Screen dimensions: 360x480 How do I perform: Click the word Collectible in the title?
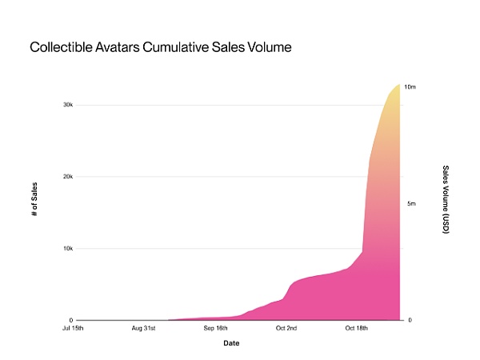(x=59, y=47)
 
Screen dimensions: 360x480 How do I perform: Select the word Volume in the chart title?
(x=268, y=47)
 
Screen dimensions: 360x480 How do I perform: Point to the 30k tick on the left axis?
(x=68, y=105)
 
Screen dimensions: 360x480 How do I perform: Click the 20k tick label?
(x=68, y=177)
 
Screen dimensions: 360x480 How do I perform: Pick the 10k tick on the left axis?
(x=68, y=249)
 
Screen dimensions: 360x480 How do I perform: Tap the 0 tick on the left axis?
(x=71, y=320)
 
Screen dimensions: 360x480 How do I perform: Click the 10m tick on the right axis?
(x=410, y=86)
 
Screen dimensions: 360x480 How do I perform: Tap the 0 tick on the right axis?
(x=409, y=320)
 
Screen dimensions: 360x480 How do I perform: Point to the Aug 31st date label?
(x=146, y=329)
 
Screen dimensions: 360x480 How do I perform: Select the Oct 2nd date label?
(x=286, y=329)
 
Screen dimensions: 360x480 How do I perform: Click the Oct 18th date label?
(x=358, y=329)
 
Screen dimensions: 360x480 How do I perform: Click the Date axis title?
(x=231, y=343)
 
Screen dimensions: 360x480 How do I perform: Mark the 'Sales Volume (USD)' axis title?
(x=445, y=200)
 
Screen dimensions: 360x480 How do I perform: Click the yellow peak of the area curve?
(x=397, y=86)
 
